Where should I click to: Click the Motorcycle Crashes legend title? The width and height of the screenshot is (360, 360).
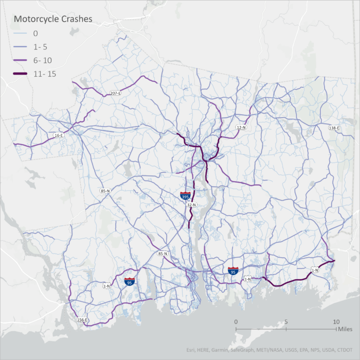pos(53,19)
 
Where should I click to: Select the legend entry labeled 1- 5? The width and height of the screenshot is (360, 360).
pos(40,46)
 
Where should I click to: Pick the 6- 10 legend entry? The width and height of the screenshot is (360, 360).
pos(42,60)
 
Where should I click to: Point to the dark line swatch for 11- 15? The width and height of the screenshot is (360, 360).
pos(21,74)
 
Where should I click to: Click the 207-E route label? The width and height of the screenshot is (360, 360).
pos(115,93)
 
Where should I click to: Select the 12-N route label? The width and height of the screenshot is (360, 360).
pos(240,127)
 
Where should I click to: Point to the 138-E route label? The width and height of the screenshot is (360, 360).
pos(334,128)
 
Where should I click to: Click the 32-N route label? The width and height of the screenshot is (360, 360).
pos(191,205)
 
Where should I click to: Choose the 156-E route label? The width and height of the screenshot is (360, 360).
pos(83,320)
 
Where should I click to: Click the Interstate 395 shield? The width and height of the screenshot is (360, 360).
pos(185,196)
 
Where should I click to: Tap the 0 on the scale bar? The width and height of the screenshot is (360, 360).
pos(236,321)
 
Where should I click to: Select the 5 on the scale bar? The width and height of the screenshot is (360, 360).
pos(286,321)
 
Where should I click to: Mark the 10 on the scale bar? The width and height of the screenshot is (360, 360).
pos(336,321)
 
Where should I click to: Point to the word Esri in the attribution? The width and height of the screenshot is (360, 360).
pos(192,351)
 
